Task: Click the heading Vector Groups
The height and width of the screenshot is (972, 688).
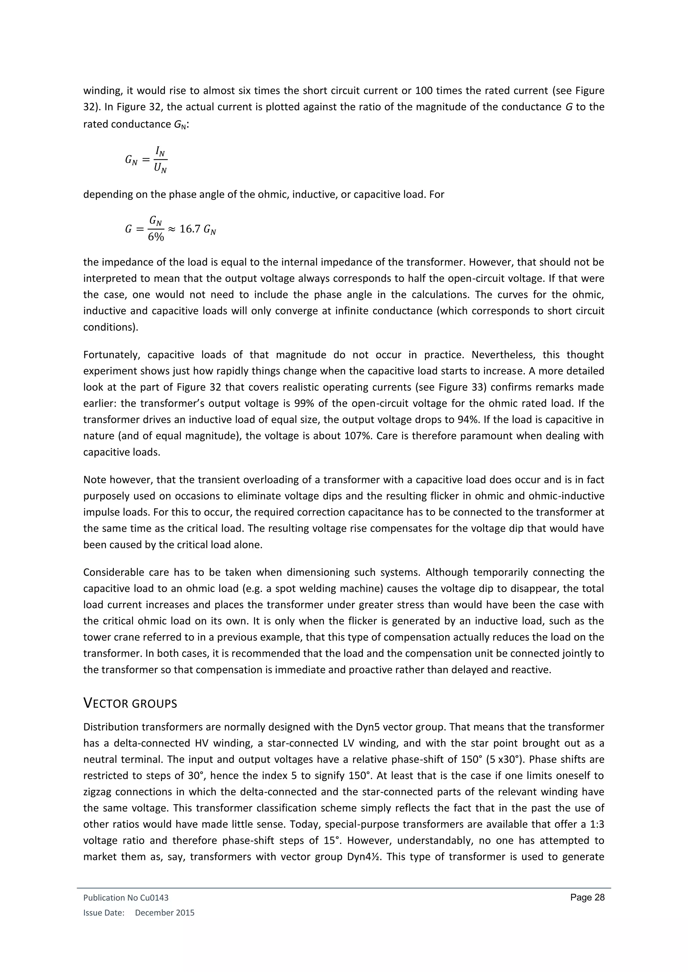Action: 130,703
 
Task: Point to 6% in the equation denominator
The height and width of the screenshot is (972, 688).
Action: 156,237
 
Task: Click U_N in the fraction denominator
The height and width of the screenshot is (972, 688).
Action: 160,169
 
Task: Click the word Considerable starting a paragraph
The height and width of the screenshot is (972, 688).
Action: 112,572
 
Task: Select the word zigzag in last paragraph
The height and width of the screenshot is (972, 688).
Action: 97,792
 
